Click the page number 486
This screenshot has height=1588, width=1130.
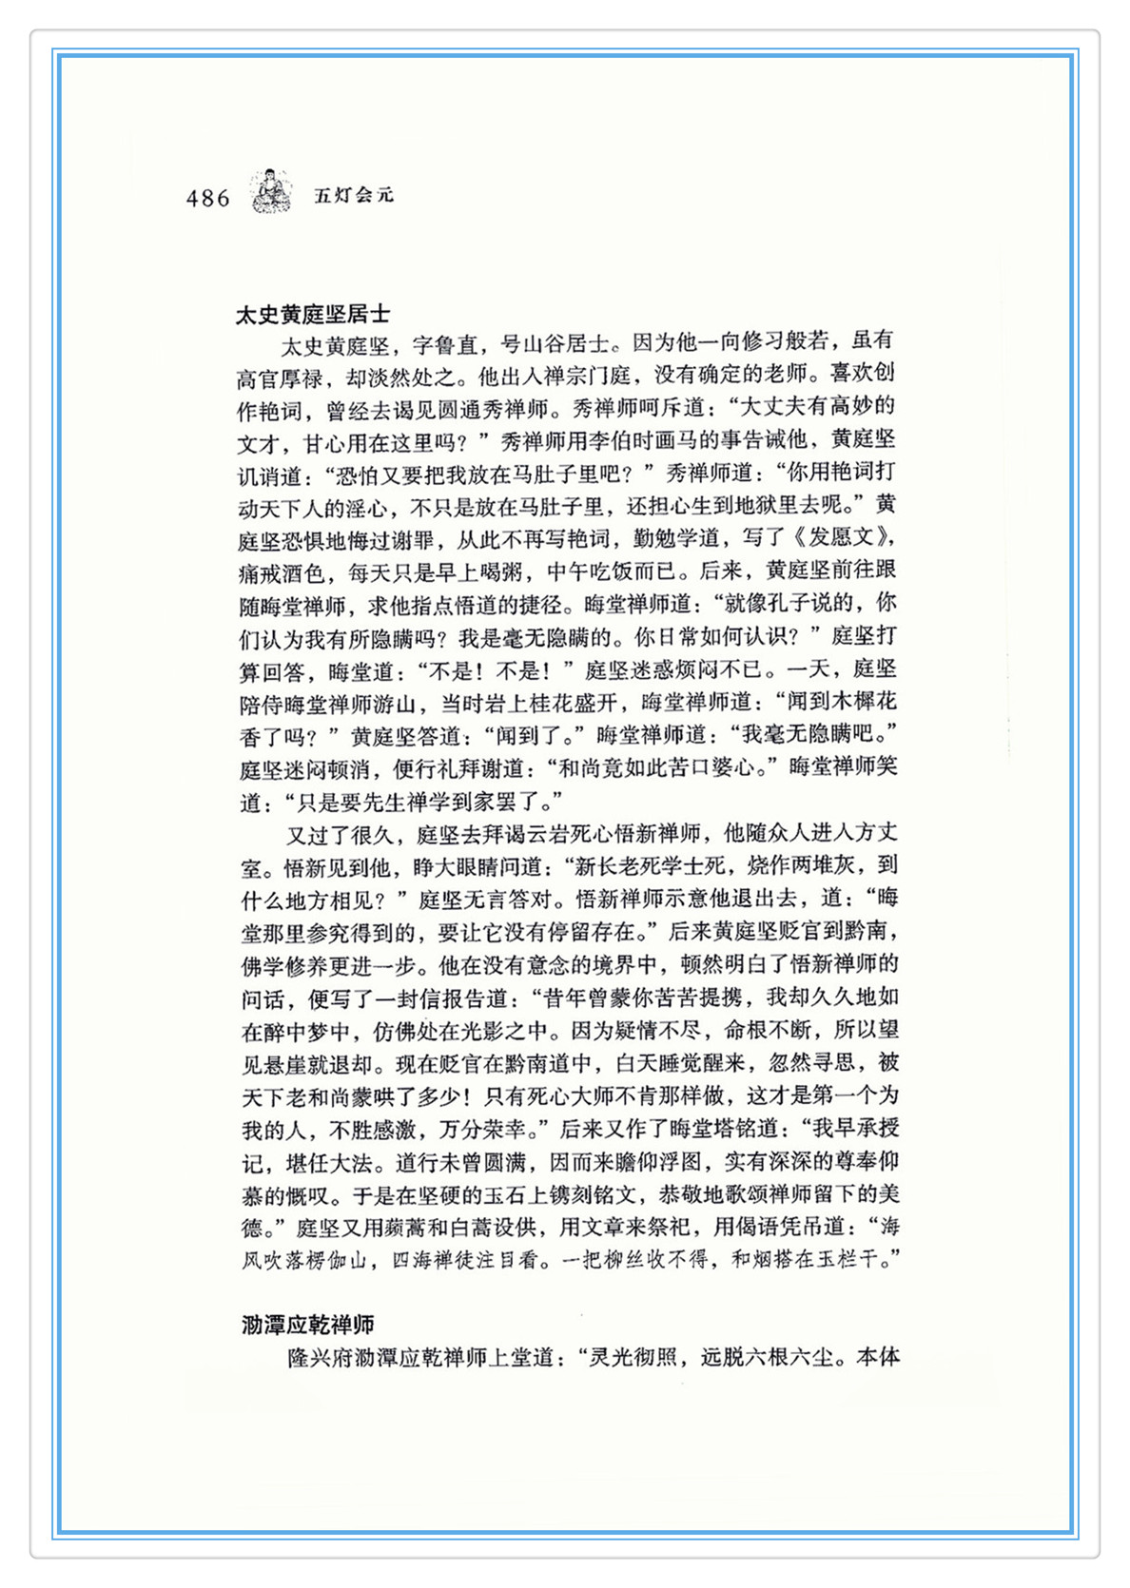(208, 198)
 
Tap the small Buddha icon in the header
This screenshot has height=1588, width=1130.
(272, 191)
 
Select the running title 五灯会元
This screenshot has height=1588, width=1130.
(354, 196)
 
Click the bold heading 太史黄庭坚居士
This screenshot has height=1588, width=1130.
(313, 315)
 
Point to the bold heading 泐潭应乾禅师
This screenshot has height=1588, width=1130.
(308, 1325)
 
